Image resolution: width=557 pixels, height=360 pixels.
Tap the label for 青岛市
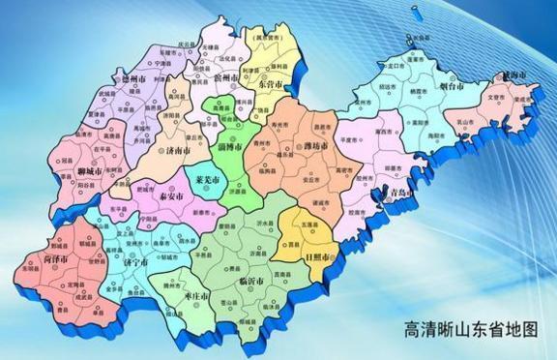pyautogui.click(x=396, y=193)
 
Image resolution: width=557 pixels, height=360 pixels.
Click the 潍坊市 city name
pyautogui.click(x=315, y=146)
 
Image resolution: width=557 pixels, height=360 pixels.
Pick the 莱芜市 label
pyautogui.click(x=207, y=180)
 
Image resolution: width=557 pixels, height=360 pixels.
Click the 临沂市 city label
pyautogui.click(x=250, y=281)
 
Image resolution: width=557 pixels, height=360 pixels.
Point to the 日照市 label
pyautogui.click(x=317, y=258)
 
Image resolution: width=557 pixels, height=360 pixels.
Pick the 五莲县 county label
pyautogui.click(x=308, y=225)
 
